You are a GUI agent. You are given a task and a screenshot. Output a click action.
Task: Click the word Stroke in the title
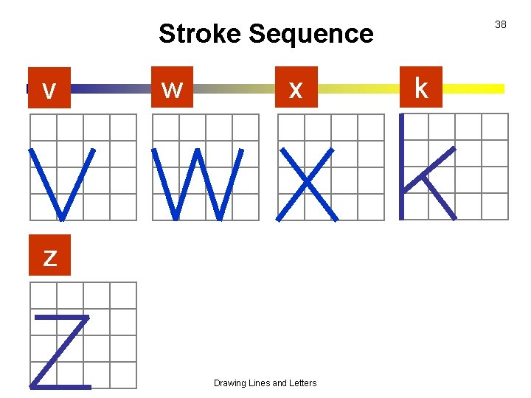coord(200,34)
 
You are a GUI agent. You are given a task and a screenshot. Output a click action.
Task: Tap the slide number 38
coord(501,25)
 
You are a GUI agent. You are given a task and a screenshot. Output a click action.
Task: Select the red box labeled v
coord(49,88)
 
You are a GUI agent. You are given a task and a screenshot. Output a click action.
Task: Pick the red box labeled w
coord(172,88)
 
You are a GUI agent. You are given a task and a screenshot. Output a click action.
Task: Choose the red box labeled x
coord(296,88)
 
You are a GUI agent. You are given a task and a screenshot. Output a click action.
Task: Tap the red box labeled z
coord(49,256)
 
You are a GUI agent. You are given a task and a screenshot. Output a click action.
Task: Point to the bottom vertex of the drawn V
coord(62,218)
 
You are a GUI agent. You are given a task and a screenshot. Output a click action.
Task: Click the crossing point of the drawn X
coord(308,184)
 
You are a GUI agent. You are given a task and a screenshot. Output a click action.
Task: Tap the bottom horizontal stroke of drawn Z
coord(60,385)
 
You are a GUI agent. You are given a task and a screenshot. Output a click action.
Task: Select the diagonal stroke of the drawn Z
coord(60,351)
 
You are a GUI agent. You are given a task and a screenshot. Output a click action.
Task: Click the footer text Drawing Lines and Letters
coord(265,383)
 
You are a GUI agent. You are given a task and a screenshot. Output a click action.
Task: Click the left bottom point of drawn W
coord(176,218)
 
